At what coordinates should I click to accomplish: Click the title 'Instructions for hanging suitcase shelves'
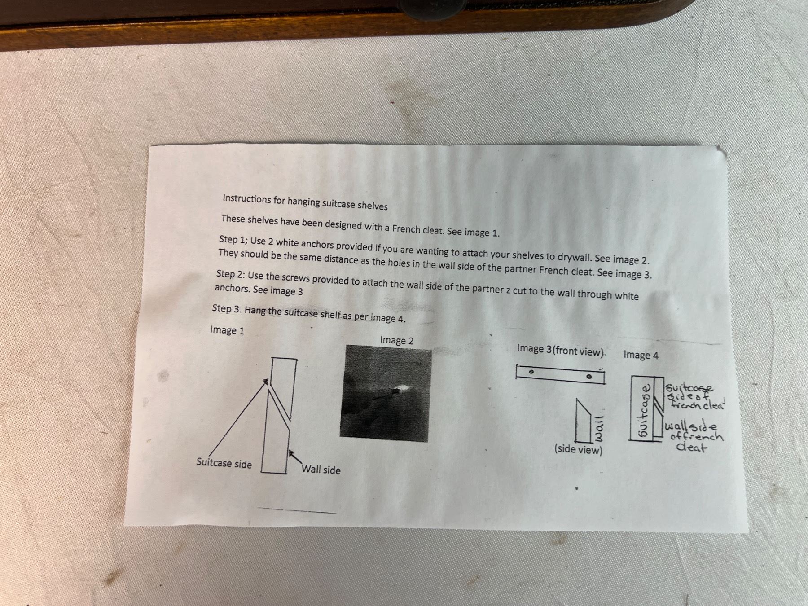pyautogui.click(x=305, y=202)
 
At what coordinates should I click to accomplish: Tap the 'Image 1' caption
pyautogui.click(x=227, y=330)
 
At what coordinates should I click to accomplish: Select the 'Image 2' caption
pyautogui.click(x=397, y=340)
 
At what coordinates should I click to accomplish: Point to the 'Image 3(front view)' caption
pyautogui.click(x=561, y=350)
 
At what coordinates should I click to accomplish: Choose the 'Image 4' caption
pyautogui.click(x=641, y=355)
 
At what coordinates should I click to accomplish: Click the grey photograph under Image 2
pyautogui.click(x=386, y=394)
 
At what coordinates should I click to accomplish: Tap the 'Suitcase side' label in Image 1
pyautogui.click(x=224, y=463)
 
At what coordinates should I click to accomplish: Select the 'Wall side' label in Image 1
pyautogui.click(x=321, y=470)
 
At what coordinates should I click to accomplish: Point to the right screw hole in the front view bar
pyautogui.click(x=590, y=377)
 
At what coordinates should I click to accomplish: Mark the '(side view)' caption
pyautogui.click(x=578, y=449)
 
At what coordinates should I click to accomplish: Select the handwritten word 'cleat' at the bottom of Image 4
pyautogui.click(x=692, y=447)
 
